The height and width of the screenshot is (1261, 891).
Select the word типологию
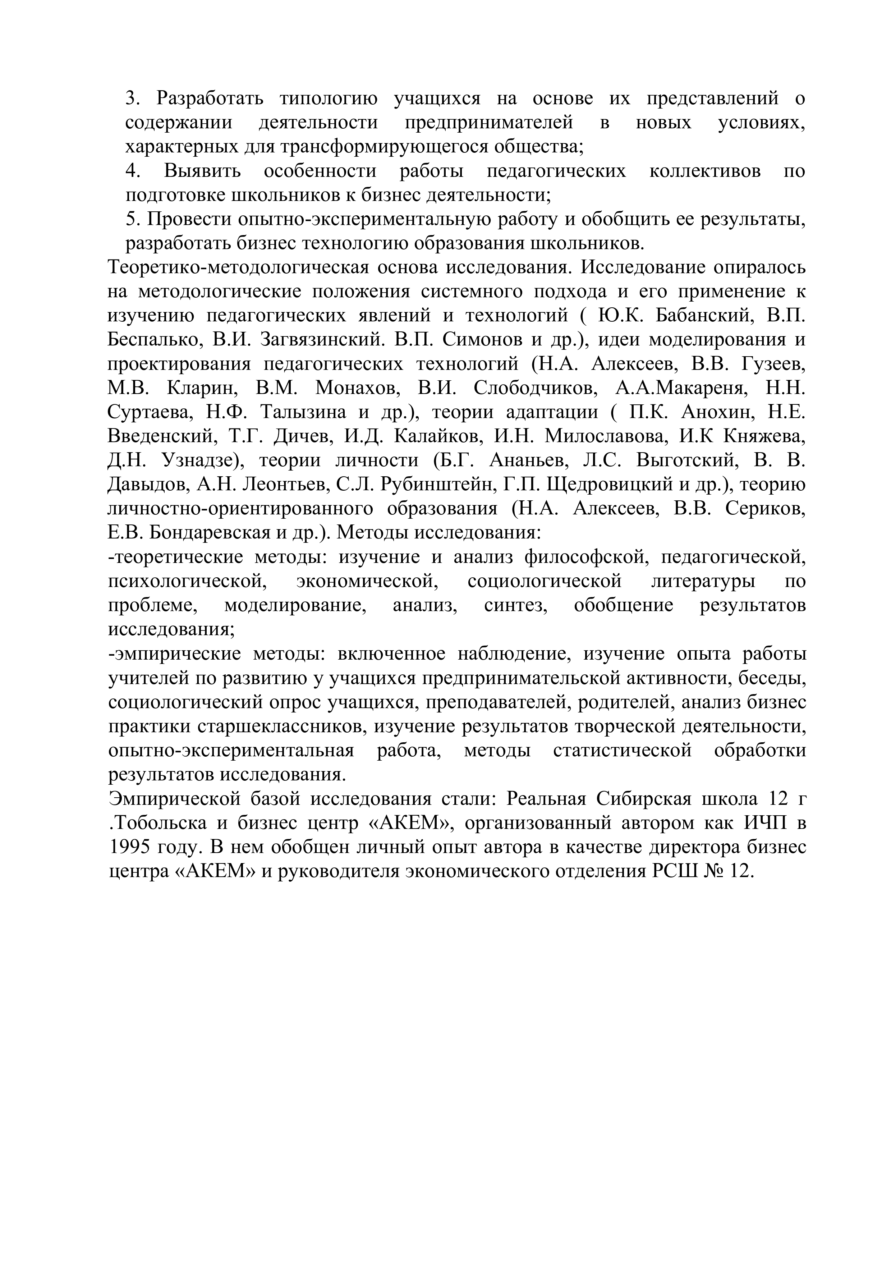click(x=328, y=99)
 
